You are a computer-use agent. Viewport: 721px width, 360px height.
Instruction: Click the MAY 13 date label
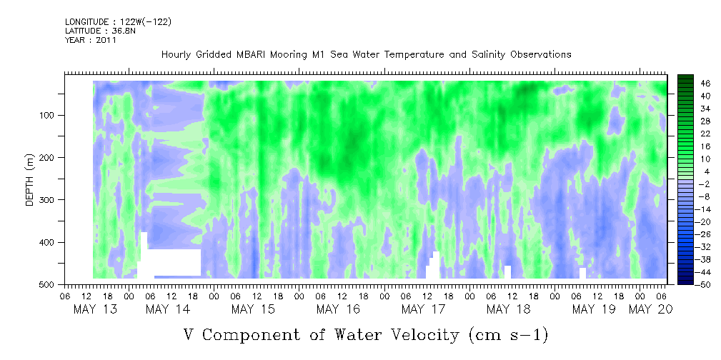[x=95, y=309]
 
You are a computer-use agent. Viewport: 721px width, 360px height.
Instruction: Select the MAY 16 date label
[x=339, y=309]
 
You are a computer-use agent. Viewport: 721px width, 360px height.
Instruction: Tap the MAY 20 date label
[x=650, y=309]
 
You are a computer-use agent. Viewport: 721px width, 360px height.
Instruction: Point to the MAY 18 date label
[x=509, y=309]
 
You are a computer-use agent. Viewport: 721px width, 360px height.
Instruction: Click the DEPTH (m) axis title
[x=30, y=179]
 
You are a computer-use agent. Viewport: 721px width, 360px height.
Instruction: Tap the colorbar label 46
[x=692, y=84]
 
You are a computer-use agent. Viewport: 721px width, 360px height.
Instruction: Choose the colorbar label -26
[x=691, y=234]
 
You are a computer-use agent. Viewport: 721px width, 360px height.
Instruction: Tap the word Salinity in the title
[x=489, y=55]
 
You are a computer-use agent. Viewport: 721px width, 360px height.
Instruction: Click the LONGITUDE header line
[x=119, y=21]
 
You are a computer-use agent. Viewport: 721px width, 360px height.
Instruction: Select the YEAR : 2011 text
[x=91, y=40]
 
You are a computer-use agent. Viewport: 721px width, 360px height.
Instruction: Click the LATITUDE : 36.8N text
[x=101, y=31]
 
